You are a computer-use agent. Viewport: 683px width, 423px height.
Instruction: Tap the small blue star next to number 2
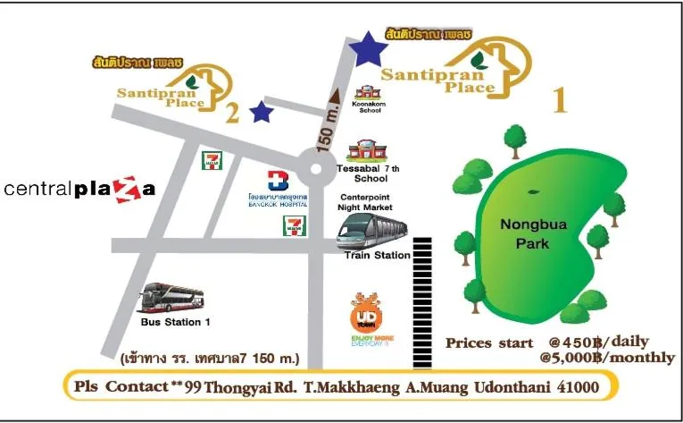[x=261, y=111]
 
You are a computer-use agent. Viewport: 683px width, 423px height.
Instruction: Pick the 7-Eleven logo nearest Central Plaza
[x=212, y=161]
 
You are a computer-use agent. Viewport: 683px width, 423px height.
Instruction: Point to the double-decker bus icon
[x=173, y=297]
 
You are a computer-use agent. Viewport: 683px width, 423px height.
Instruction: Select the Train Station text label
[x=377, y=256]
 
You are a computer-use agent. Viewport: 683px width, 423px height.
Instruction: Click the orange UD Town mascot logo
[x=365, y=314]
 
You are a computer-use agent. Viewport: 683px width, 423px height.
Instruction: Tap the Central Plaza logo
[x=80, y=189]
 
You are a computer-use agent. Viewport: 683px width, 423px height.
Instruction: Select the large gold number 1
[x=561, y=100]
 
